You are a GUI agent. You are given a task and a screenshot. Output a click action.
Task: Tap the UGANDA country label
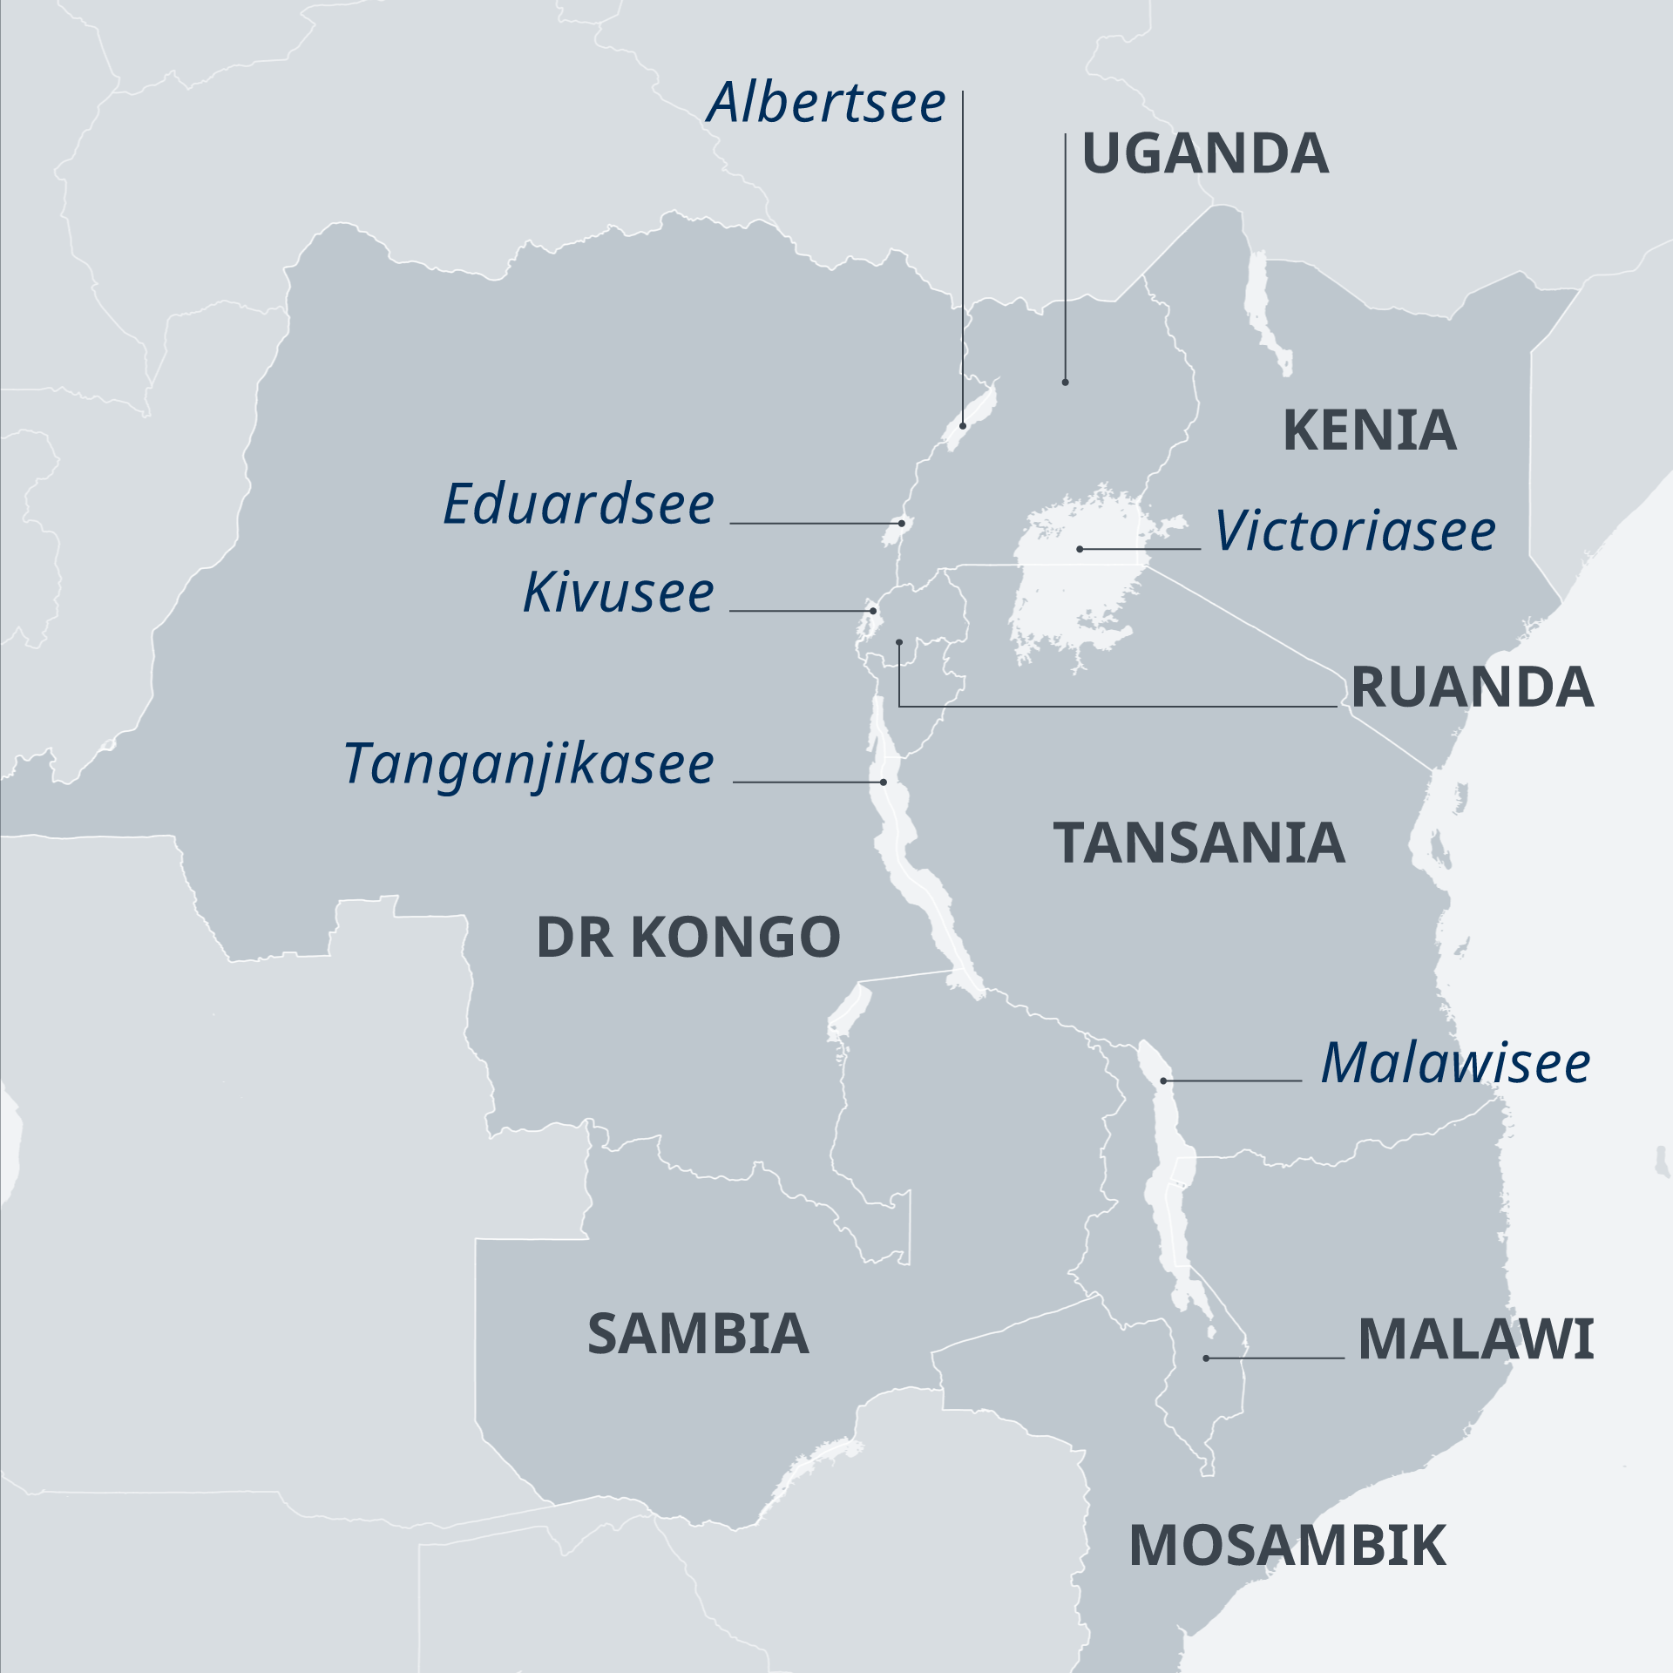click(1205, 154)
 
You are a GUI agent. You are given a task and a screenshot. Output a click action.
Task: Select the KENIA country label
click(1369, 430)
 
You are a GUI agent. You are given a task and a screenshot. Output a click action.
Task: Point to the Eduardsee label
click(579, 505)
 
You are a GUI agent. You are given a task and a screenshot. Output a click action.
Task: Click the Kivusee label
click(619, 593)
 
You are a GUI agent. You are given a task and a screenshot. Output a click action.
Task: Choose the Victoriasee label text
click(1355, 532)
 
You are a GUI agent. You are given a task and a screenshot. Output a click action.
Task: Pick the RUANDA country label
click(1472, 688)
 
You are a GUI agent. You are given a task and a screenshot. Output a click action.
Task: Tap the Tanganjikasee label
click(529, 764)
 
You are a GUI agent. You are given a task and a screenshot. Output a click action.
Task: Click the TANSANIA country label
click(1199, 843)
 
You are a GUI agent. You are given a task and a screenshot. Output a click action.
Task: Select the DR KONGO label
click(688, 938)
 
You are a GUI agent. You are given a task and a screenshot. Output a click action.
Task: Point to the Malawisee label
click(1455, 1064)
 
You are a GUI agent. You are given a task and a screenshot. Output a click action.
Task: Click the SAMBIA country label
click(698, 1334)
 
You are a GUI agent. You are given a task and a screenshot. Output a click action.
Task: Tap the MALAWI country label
click(1475, 1339)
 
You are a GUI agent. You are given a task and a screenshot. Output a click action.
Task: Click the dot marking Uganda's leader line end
click(1065, 383)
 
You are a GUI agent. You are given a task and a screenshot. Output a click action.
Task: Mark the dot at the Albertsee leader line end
click(963, 425)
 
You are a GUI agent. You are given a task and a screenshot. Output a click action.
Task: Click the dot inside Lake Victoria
click(1080, 549)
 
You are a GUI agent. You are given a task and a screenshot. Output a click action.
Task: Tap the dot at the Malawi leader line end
click(1206, 1358)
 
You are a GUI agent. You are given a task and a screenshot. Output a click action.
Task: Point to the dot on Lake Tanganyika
click(884, 782)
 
